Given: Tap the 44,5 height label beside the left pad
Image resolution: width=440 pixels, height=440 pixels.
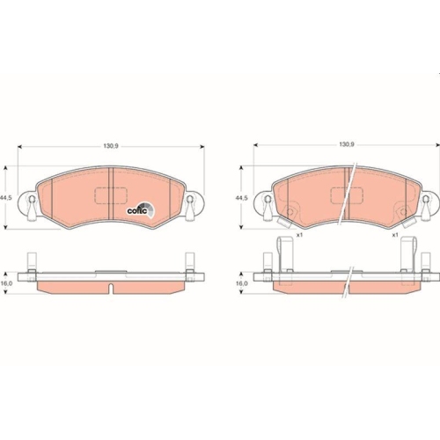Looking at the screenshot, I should pos(8,199).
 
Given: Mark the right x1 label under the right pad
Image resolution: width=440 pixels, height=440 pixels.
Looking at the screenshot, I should pos(395,235).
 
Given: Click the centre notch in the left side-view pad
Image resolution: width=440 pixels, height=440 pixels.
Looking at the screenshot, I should pos(109,287).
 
